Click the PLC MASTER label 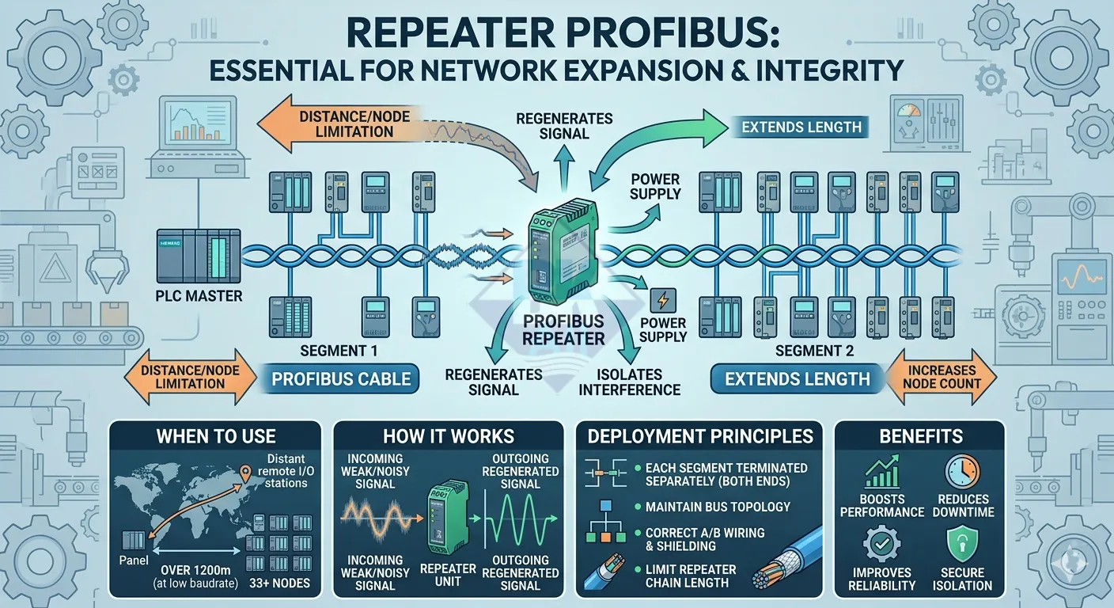pyautogui.click(x=199, y=297)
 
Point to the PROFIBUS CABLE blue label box pyautogui.click(x=341, y=379)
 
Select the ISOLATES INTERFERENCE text pyautogui.click(x=629, y=382)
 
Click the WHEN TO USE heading pyautogui.click(x=216, y=436)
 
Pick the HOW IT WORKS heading pyautogui.click(x=448, y=436)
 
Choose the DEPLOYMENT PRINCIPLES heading pyautogui.click(x=700, y=436)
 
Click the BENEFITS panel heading pyautogui.click(x=919, y=436)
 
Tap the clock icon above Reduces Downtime pyautogui.click(x=963, y=473)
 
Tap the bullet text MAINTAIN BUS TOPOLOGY pyautogui.click(x=718, y=507)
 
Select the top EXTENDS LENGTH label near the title pyautogui.click(x=801, y=127)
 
